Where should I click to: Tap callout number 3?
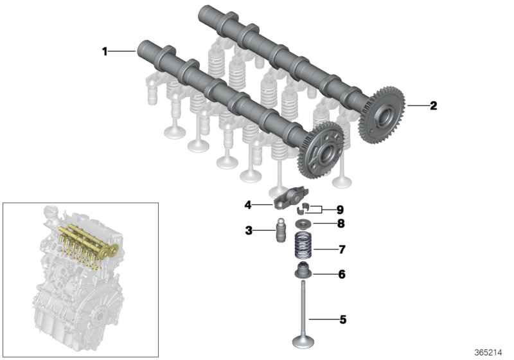coord(247,230)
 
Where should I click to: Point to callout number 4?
coord(247,205)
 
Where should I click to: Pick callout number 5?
coord(342,318)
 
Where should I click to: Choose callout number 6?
coord(341,274)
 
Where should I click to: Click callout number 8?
coord(341,224)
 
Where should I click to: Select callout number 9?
coord(341,209)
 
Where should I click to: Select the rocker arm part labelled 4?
coord(283,203)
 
